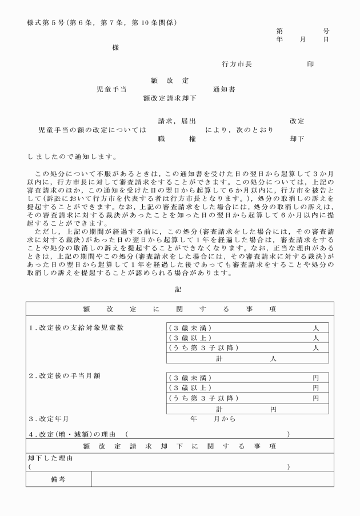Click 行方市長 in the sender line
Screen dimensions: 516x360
coord(237,65)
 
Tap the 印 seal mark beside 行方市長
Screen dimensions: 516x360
coord(310,65)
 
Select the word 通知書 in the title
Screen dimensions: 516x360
coord(224,89)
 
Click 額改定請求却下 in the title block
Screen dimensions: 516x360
coord(169,98)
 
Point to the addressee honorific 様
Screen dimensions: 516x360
coord(116,48)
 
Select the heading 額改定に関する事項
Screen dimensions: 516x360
coord(179,309)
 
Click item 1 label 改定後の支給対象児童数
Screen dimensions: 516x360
coord(76,328)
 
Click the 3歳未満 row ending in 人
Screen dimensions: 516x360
coord(247,328)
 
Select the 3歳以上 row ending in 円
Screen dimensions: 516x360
coord(247,388)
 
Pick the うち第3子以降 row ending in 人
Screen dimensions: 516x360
coord(247,348)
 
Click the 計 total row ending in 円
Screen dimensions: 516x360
coord(247,409)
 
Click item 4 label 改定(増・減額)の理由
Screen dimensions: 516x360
coord(75,435)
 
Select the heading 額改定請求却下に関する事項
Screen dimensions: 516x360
coord(179,446)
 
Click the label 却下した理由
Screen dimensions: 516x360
coord(50,458)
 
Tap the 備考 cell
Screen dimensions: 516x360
coord(58,479)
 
